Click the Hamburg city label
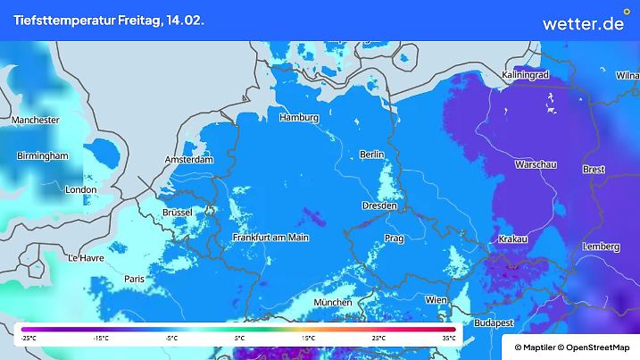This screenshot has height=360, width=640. tap(299, 118)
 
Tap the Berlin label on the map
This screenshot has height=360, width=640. tap(371, 155)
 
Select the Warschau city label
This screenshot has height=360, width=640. tap(536, 165)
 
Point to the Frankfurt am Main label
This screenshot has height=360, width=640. tap(270, 238)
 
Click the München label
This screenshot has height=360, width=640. tap(333, 303)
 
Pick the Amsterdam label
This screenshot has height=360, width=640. tap(189, 160)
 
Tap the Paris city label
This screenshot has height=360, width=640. tap(135, 279)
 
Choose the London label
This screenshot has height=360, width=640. tap(80, 189)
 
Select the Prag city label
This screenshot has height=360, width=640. tap(395, 239)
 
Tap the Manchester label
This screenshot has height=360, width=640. tap(36, 120)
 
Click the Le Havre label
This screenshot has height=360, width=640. tap(86, 258)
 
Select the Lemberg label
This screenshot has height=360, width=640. tap(600, 247)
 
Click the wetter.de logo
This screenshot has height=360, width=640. tap(583, 23)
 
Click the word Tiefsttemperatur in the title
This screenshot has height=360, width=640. tap(62, 21)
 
